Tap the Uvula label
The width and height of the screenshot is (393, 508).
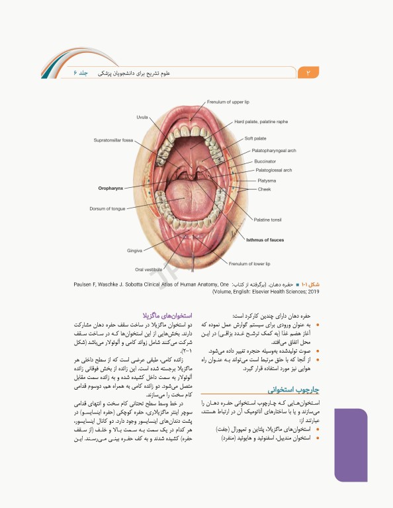[142, 117]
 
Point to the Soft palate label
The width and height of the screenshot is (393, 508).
[255, 138]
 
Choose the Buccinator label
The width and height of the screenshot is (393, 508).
[265, 161]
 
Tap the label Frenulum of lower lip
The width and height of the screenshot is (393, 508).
[249, 263]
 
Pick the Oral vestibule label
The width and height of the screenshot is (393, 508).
[148, 269]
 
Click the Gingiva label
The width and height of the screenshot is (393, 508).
[135, 251]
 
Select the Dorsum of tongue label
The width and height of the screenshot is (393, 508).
[107, 208]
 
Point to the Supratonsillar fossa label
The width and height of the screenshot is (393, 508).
[113, 140]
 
